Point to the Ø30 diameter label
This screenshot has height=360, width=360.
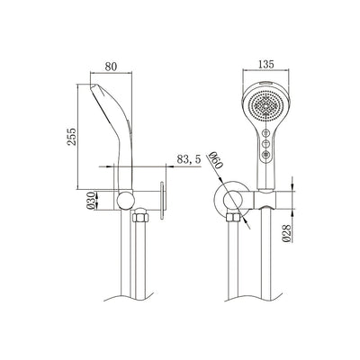[x=84, y=200]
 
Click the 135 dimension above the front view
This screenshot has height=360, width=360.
[x=265, y=64]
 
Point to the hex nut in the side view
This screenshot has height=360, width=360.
[x=141, y=219]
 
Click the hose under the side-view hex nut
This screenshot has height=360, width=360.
[x=141, y=261]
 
